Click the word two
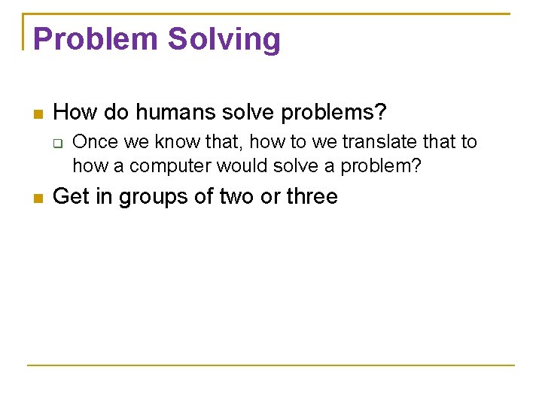tap(236, 197)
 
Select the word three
tap(312, 197)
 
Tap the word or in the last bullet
tap(270, 197)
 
